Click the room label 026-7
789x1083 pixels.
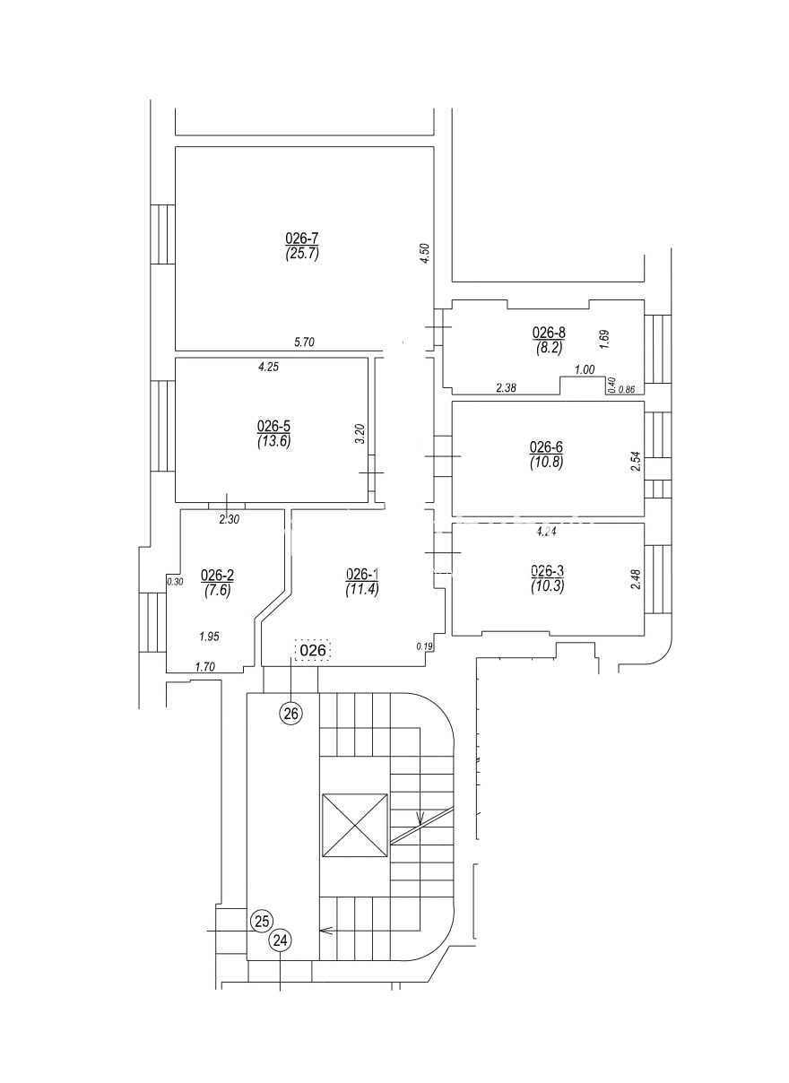tap(302, 238)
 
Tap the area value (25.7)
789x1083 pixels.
tap(302, 253)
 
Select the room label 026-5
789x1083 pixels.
tap(273, 426)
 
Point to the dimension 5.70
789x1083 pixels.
tap(306, 342)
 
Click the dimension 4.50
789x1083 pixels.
tap(426, 253)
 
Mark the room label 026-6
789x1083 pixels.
tap(546, 447)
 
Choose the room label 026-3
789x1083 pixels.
tap(547, 571)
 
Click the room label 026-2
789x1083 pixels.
tap(217, 576)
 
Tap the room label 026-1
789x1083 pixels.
tap(362, 575)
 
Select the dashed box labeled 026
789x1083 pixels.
tap(312, 650)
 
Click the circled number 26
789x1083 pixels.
tap(291, 714)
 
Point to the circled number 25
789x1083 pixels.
tap(262, 921)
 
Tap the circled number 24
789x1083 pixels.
tap(281, 940)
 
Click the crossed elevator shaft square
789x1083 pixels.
tap(354, 826)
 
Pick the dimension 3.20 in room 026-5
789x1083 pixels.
tap(360, 434)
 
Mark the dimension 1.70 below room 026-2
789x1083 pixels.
tap(206, 666)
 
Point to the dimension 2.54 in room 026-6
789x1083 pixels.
tap(636, 462)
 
